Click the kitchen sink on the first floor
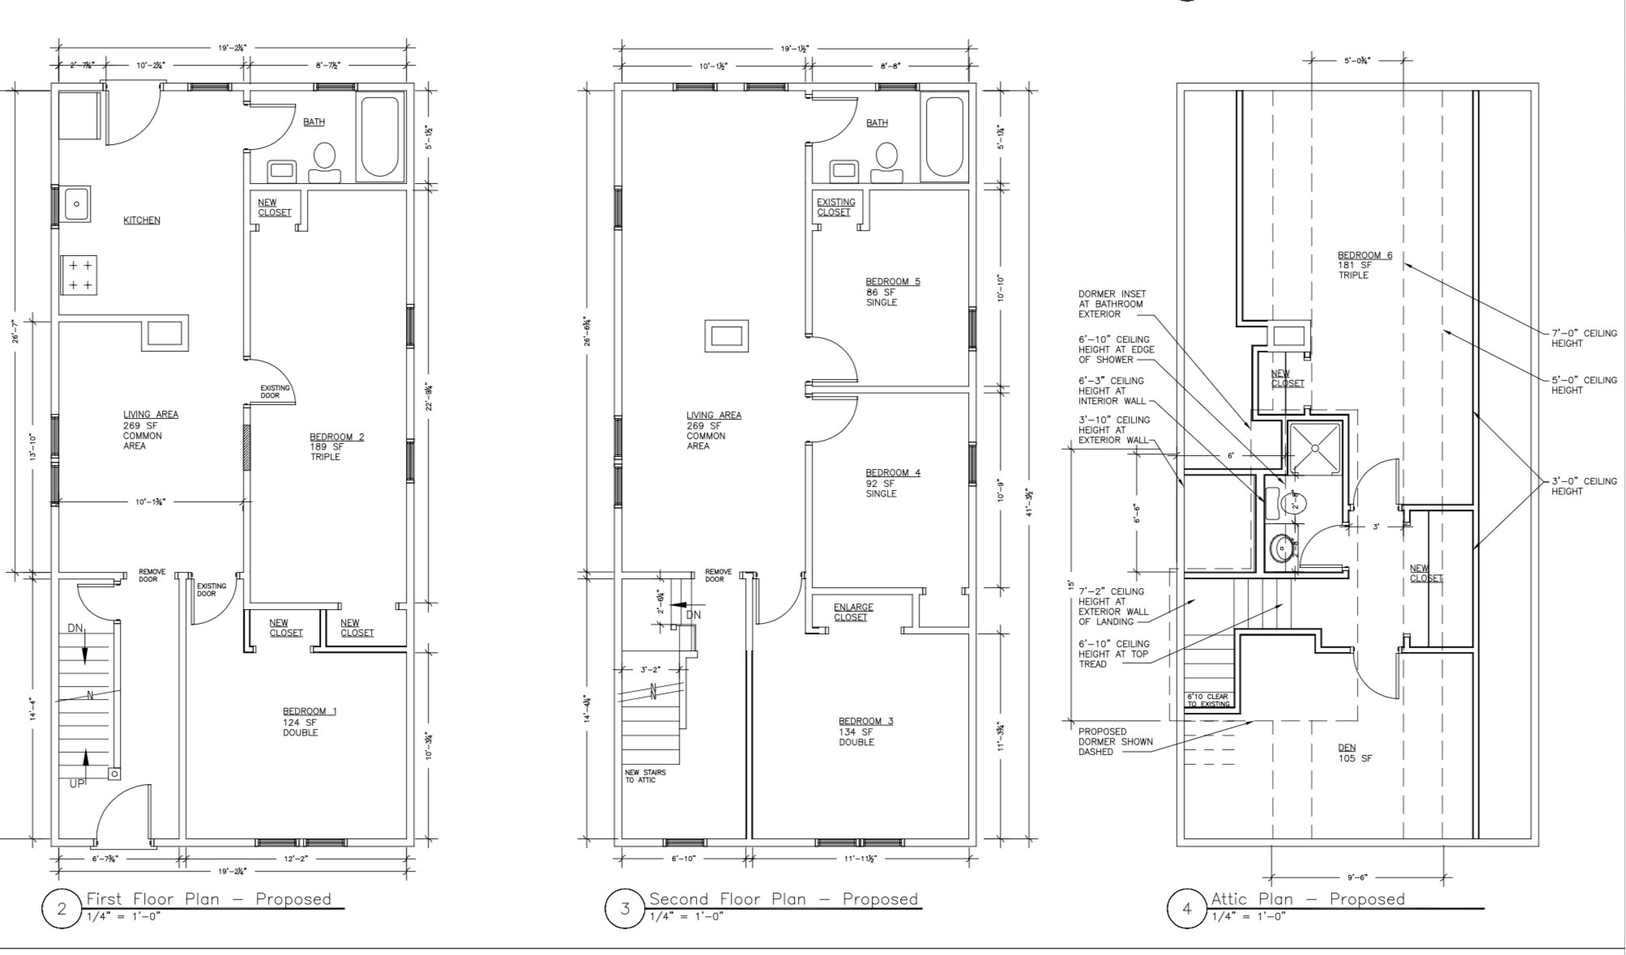[x=77, y=204]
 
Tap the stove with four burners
[x=79, y=275]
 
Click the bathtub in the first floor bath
[x=380, y=137]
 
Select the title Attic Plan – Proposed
[x=1308, y=899]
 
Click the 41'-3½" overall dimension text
[x=1030, y=502]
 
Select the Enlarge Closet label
[x=853, y=612]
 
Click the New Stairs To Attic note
[x=645, y=776]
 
